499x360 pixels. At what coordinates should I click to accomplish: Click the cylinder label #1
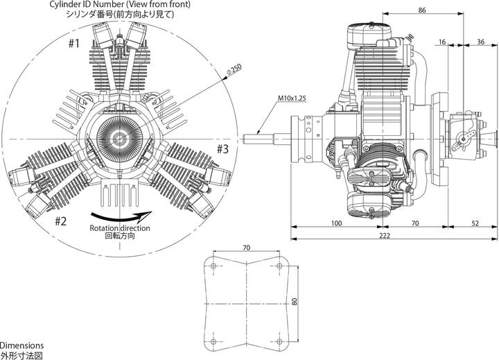74,43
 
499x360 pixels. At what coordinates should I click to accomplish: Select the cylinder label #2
60,221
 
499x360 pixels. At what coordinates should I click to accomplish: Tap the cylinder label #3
223,149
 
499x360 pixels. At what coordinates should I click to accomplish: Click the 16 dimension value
443,42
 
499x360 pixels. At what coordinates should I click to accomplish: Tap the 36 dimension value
480,42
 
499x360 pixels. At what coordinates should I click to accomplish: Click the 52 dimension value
475,223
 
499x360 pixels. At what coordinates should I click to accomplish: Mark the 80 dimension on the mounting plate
295,302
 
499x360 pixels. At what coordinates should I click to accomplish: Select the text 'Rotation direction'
116,228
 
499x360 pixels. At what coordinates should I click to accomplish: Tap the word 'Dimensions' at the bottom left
22,345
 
